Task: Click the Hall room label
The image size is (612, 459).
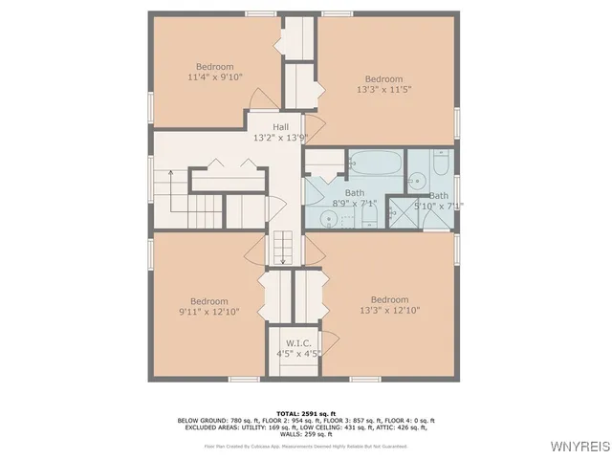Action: click(x=280, y=127)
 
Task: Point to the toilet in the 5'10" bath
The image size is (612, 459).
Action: click(x=441, y=164)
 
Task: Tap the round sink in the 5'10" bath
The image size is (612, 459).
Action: click(x=418, y=179)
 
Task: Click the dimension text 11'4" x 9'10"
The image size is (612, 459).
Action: click(x=215, y=78)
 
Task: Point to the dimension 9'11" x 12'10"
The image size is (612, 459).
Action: click(x=208, y=312)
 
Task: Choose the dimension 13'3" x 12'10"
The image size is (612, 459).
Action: click(x=389, y=311)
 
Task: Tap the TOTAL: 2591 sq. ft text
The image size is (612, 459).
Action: click(x=305, y=412)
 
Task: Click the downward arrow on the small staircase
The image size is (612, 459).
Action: click(x=281, y=256)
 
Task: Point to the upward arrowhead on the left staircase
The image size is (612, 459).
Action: click(x=171, y=174)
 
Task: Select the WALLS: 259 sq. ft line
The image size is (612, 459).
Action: click(x=305, y=433)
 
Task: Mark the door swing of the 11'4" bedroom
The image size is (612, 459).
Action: click(x=260, y=99)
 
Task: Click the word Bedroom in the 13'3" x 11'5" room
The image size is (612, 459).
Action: click(x=384, y=78)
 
